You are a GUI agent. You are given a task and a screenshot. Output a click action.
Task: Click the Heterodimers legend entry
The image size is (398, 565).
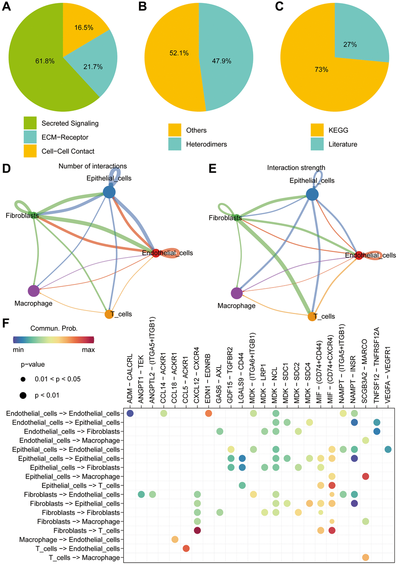[206, 144]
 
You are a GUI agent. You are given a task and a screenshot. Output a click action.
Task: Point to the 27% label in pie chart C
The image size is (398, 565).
[350, 44]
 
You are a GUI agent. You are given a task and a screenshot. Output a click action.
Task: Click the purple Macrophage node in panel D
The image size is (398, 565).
[34, 291]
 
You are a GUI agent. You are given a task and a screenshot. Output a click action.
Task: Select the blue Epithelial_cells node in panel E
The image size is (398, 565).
[312, 194]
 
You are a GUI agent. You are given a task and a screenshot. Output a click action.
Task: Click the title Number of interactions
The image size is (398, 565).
[93, 166]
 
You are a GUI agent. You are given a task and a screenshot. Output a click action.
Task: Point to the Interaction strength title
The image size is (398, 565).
[296, 168]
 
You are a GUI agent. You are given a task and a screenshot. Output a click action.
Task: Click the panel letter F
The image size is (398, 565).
[5, 324]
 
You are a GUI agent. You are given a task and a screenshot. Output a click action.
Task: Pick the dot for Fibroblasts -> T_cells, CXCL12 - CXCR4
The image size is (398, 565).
[197, 531]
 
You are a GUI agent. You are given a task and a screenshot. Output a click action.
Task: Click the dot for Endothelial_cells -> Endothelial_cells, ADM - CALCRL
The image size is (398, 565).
[130, 413]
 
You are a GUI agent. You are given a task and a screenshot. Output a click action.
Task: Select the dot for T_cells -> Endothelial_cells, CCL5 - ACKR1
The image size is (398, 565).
[186, 549]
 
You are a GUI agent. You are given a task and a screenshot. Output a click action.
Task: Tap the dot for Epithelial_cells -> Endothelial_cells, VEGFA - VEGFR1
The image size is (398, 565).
[388, 450]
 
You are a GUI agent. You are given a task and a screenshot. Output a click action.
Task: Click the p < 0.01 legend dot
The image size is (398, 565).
[23, 396]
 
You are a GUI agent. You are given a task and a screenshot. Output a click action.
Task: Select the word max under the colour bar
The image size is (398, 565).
[88, 350]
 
